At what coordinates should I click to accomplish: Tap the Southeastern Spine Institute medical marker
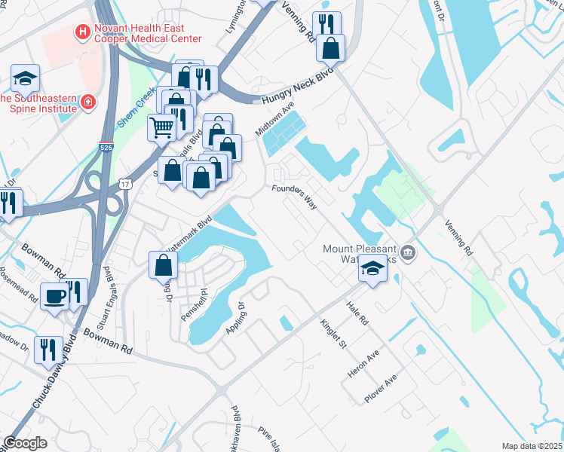pos(88,101)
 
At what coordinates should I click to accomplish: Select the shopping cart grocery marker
pos(161,128)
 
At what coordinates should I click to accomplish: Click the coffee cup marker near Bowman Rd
pos(56,295)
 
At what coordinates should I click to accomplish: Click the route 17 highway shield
pos(124,184)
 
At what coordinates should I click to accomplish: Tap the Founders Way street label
pos(294,197)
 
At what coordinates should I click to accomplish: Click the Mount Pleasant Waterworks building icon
pos(407,252)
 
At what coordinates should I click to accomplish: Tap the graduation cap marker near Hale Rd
pos(372,268)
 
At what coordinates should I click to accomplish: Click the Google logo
pos(25,443)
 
